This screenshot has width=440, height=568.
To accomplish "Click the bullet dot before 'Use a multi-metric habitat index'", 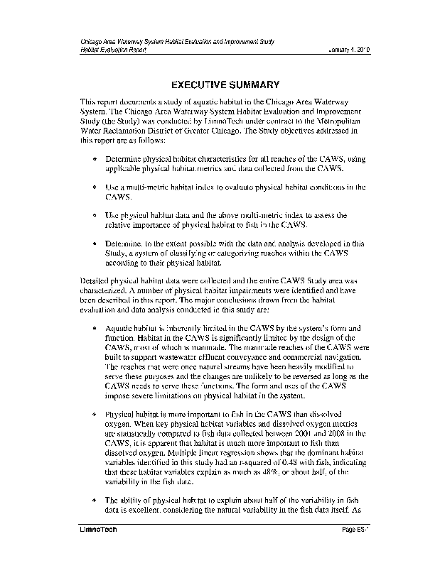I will pyautogui.click(x=95, y=187).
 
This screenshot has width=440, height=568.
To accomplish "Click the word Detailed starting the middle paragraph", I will pyautogui.click(x=96, y=283).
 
